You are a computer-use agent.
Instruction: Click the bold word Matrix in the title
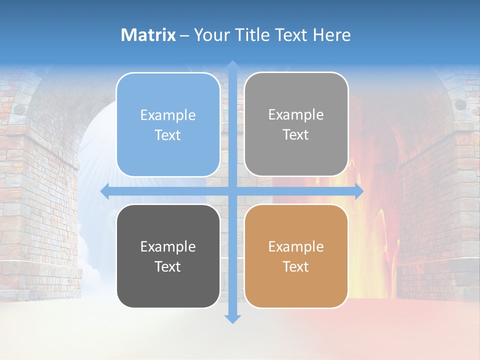point(148,35)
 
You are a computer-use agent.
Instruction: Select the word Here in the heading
point(332,35)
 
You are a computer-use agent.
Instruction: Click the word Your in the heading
point(210,35)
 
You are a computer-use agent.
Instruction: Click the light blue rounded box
point(168,124)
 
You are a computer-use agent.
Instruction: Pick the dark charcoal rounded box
point(168,256)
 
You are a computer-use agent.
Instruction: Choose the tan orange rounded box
point(296,256)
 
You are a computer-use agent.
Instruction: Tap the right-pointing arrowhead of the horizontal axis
point(358,191)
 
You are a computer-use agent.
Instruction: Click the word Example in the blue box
point(168,115)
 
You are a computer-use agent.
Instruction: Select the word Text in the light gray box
point(296,135)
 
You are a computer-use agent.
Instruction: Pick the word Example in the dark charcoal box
point(168,246)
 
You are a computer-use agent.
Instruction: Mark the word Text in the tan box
point(296,266)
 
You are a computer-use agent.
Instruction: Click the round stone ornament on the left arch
point(19,108)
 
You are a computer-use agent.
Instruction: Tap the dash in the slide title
point(184,35)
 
